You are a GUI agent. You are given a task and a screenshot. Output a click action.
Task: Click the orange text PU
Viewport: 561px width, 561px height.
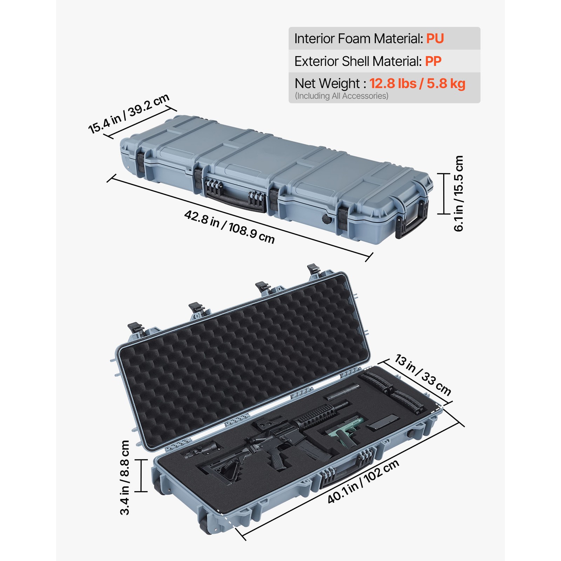tap(435, 39)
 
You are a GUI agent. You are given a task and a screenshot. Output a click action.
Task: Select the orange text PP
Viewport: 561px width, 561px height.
tap(433, 61)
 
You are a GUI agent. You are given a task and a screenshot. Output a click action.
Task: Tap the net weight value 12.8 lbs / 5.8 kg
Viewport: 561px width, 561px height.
tap(417, 84)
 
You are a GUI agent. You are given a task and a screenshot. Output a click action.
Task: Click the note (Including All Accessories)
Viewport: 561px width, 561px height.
tap(342, 96)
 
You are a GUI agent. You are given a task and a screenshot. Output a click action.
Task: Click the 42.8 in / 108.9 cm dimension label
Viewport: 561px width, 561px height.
tap(229, 227)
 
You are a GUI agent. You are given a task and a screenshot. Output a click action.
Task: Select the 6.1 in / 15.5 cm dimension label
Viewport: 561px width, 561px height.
tap(459, 193)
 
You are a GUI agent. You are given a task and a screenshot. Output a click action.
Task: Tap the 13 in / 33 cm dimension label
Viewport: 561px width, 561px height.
tap(423, 375)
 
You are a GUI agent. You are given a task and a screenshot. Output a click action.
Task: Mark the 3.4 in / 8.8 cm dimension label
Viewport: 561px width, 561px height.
tap(125, 477)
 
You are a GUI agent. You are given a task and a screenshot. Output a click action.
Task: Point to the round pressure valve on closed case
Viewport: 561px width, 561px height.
tap(326, 219)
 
